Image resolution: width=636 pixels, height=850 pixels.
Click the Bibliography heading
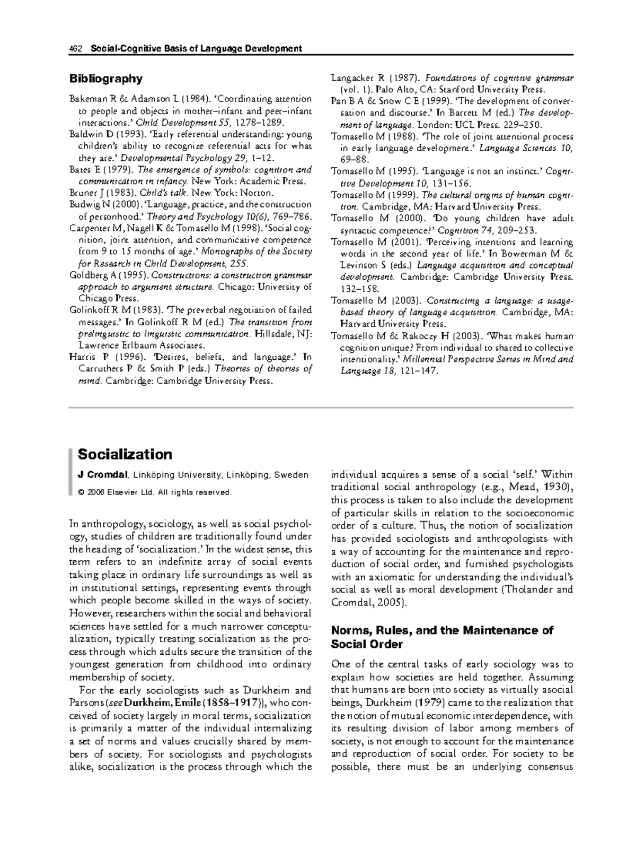(106, 79)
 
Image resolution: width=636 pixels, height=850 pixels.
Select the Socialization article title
(125, 455)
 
